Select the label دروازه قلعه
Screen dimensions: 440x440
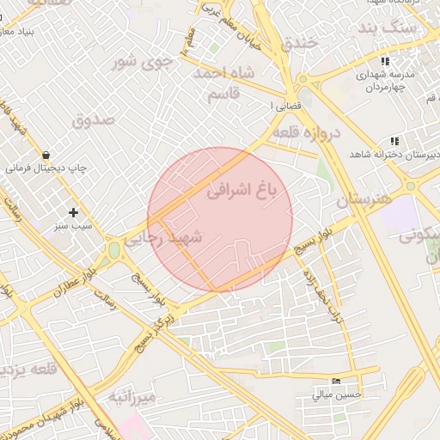pos(307,133)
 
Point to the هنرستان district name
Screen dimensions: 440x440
pos(364,200)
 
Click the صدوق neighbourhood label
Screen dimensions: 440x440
pos(94,119)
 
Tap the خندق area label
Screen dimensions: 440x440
pos(300,41)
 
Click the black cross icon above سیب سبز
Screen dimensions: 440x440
pos(73,211)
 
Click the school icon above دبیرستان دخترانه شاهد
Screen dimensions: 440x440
pos(394,140)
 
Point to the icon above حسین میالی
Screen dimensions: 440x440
pos(335,381)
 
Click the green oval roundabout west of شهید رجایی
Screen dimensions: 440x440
pos(113,250)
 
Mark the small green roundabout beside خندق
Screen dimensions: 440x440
pos(302,81)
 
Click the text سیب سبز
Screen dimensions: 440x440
pos(73,225)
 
